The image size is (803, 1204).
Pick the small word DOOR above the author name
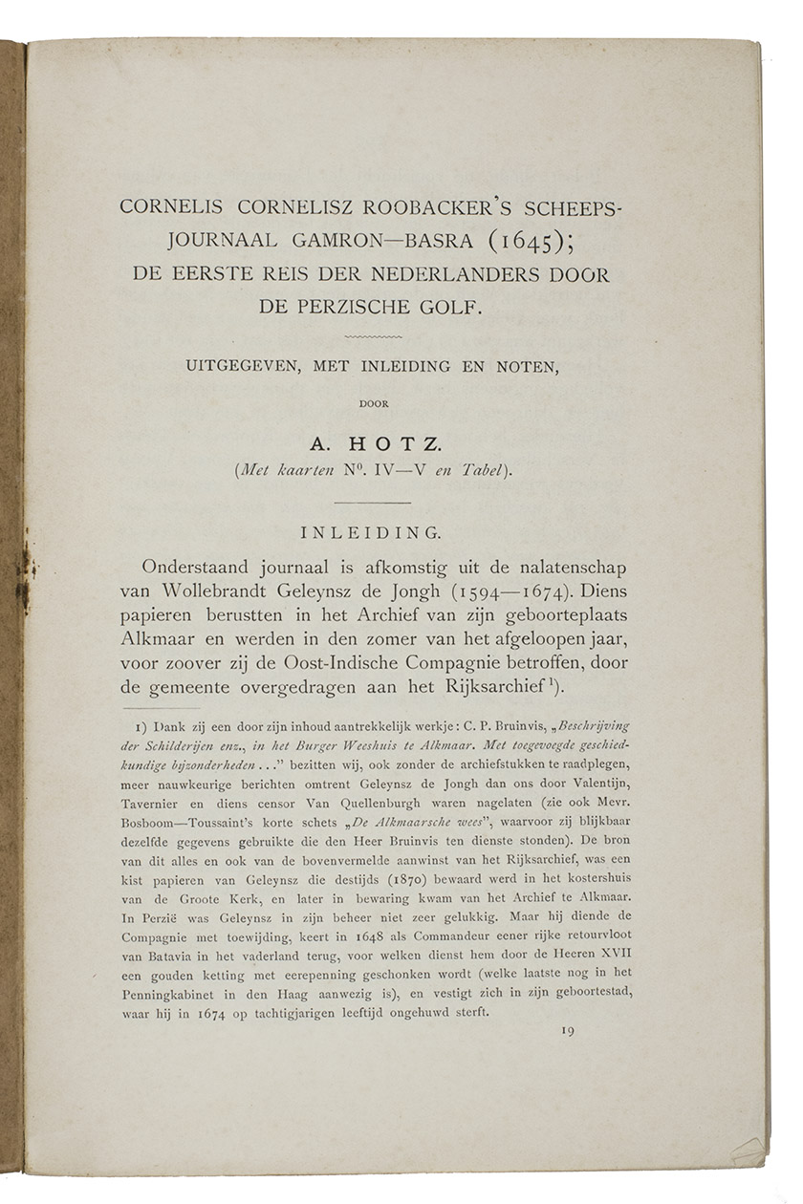[x=374, y=403]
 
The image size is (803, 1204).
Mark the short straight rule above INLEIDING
[x=374, y=503]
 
